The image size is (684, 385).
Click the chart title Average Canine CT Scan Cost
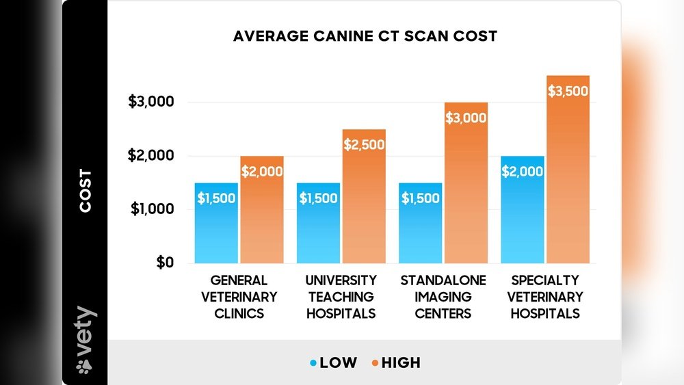click(365, 36)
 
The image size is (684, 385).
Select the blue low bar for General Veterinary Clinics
click(216, 223)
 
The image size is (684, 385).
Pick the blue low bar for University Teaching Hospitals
click(318, 223)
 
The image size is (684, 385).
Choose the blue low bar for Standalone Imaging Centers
click(421, 223)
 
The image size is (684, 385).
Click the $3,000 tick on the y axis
click(151, 103)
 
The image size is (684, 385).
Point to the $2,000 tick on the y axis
click(151, 156)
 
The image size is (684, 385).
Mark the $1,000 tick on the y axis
click(151, 209)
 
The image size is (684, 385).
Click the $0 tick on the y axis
click(163, 263)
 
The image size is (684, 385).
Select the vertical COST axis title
click(85, 191)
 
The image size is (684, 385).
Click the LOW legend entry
click(333, 362)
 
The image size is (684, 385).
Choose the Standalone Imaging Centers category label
click(443, 297)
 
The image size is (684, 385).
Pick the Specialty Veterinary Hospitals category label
click(544, 297)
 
